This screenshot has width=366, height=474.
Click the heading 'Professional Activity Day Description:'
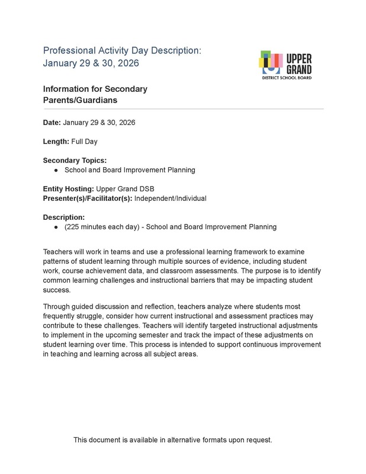(x=123, y=51)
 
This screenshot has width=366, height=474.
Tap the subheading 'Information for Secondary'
(x=95, y=89)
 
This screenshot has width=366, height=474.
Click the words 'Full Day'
(x=85, y=142)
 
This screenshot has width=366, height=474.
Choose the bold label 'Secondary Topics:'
(x=74, y=161)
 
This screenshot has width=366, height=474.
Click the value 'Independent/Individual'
(x=171, y=198)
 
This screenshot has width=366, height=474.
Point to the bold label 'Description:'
(x=64, y=217)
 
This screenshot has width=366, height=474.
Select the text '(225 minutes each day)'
(x=101, y=226)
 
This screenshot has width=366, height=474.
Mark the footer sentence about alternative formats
(x=173, y=440)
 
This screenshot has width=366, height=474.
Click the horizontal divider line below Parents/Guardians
(x=183, y=109)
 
